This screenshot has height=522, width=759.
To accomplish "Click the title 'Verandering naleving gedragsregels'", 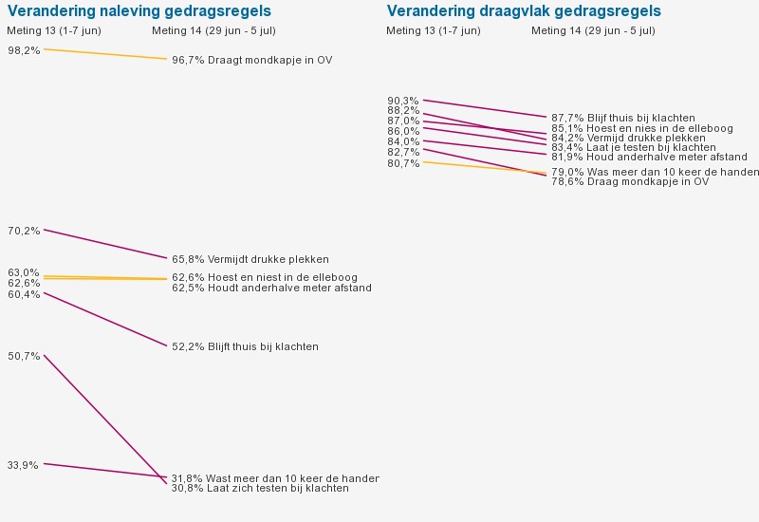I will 139,11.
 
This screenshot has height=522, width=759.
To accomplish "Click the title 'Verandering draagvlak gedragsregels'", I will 524,11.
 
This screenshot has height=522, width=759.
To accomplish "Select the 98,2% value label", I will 24,50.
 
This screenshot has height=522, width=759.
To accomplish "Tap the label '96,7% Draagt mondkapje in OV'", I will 251,61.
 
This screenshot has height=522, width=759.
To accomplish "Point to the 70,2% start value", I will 24,231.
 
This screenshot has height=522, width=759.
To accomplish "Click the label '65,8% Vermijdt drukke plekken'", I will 250,259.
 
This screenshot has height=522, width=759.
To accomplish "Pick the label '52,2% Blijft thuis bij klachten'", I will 245,347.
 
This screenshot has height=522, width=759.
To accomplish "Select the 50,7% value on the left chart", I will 24,357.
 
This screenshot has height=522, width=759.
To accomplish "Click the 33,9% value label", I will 24,465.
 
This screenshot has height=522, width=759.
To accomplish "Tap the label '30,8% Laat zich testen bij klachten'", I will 260,489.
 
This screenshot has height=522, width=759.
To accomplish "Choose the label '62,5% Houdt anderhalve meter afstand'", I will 271,289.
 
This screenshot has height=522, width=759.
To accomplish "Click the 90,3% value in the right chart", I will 403,101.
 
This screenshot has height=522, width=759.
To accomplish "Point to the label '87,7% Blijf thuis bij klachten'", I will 622,119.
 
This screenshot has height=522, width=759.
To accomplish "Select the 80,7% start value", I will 403,163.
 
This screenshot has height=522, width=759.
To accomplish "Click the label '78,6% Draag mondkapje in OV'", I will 630,182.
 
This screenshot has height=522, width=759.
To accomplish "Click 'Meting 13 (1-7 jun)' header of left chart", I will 54,31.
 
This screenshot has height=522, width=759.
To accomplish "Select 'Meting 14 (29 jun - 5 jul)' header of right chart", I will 593,31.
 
